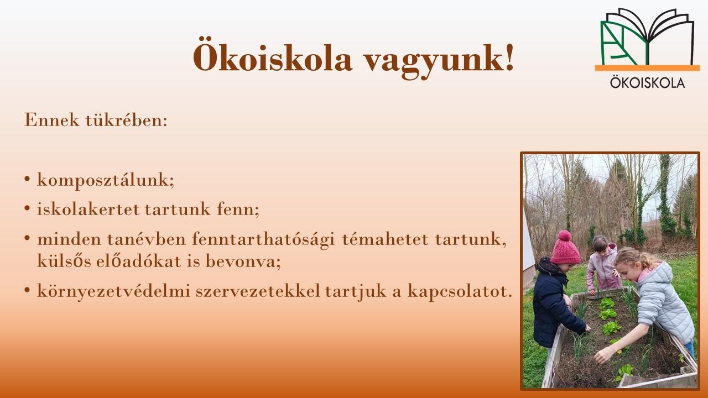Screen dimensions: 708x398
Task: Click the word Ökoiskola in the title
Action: tap(273, 57)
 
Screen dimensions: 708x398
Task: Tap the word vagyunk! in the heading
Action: tap(439, 59)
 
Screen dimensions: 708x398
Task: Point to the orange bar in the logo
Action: tap(647, 68)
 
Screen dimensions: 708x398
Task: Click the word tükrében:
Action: tap(127, 120)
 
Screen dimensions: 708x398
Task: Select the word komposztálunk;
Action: tap(106, 180)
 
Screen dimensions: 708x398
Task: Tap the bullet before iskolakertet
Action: tap(27, 208)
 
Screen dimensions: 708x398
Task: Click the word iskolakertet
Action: tap(88, 209)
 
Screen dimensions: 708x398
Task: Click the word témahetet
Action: tap(385, 239)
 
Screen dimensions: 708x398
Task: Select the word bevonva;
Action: tap(243, 261)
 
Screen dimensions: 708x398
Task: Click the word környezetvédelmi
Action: tap(113, 291)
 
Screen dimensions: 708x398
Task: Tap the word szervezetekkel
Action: tap(258, 291)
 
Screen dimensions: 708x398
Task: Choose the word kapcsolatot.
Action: tap(460, 291)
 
